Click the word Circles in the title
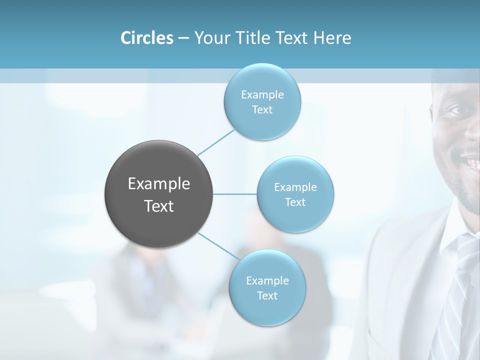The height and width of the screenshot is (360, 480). (x=146, y=38)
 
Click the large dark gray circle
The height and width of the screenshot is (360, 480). (x=158, y=194)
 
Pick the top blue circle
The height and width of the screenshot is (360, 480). (x=262, y=101)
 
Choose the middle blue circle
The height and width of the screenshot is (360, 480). (x=295, y=194)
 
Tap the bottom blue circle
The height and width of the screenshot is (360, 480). (x=267, y=287)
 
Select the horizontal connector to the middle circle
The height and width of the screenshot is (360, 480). (x=234, y=194)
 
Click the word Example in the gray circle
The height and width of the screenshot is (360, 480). (x=159, y=184)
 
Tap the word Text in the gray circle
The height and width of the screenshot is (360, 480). (x=159, y=206)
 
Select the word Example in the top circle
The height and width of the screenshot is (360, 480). (x=262, y=94)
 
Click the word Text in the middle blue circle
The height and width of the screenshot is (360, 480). (x=295, y=202)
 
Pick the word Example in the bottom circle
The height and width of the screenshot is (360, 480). (x=267, y=280)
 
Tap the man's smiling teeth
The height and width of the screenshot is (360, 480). (x=471, y=163)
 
